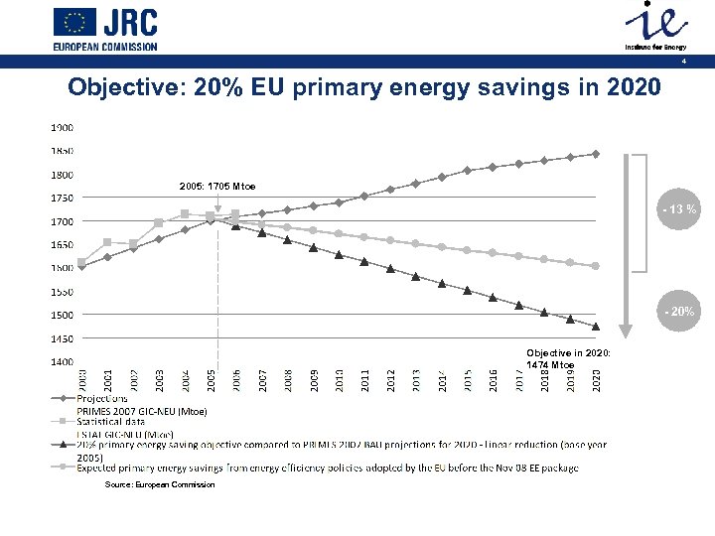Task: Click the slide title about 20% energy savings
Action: (362, 87)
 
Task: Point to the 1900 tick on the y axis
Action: (62, 128)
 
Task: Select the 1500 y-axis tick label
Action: (62, 316)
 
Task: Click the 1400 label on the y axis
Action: (62, 362)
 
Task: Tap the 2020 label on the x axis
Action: (596, 379)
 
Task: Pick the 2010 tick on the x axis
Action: (339, 379)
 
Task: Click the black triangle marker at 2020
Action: (596, 326)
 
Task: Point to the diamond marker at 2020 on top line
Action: (596, 154)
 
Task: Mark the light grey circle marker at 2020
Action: (596, 266)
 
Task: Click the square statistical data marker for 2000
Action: (81, 262)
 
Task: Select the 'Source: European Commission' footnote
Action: (160, 484)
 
